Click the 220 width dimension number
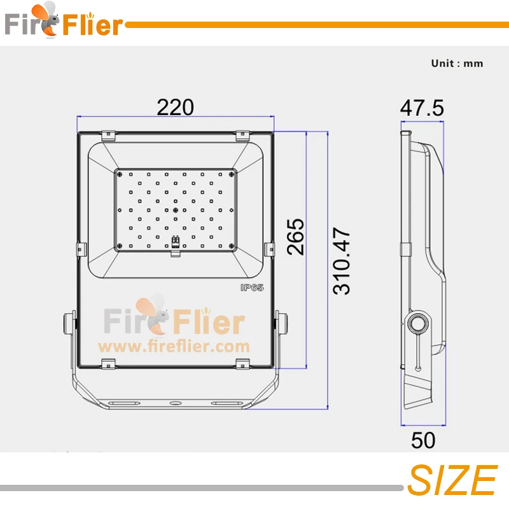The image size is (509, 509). [176, 107]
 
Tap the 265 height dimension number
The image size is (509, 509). [296, 237]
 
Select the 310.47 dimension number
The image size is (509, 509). [342, 261]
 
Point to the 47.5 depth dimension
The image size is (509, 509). [422, 108]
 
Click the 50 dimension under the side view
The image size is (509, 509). [423, 440]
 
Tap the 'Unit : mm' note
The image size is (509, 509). [457, 63]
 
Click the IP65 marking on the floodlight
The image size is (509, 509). [252, 288]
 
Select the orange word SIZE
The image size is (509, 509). [452, 480]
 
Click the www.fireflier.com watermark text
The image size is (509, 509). [174, 347]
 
